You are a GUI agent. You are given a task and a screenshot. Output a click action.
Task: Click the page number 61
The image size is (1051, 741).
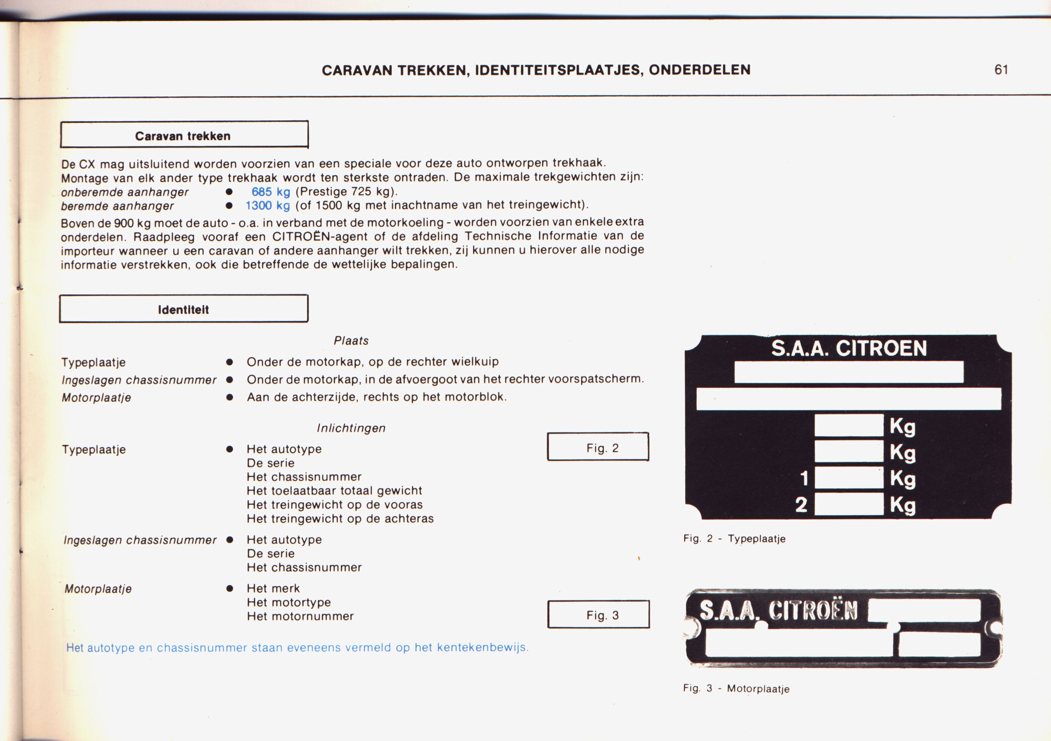[x=1001, y=69]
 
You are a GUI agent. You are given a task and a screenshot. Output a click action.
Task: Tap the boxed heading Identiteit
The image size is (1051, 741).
[x=184, y=309]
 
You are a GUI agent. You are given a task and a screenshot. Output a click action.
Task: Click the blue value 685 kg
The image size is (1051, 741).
[x=270, y=192]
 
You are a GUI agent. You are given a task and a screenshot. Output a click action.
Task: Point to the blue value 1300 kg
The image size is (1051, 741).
[x=268, y=206]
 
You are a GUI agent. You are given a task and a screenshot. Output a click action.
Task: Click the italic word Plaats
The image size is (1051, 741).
[x=350, y=340]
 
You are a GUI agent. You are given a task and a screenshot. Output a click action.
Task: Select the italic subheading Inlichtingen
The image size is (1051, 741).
[x=351, y=428]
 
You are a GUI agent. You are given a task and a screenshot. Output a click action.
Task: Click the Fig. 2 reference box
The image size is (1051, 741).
[x=598, y=447]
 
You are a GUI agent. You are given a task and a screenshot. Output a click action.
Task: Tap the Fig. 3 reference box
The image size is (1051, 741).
[x=598, y=614]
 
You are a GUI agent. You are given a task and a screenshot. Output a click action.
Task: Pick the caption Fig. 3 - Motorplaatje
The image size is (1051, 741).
[x=736, y=688]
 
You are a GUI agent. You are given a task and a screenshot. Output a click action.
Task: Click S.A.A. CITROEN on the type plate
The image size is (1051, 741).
[x=849, y=348]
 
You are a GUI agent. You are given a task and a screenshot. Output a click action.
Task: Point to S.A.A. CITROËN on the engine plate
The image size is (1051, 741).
[x=778, y=610]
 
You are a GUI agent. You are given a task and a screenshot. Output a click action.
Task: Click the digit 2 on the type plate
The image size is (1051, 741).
[x=801, y=505]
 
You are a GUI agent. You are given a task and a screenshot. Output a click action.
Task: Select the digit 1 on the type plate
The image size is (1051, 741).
[x=804, y=478]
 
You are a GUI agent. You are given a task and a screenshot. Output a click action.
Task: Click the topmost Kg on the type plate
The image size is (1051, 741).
[x=902, y=427]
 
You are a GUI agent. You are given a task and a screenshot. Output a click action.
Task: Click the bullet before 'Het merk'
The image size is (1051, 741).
[x=230, y=588]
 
